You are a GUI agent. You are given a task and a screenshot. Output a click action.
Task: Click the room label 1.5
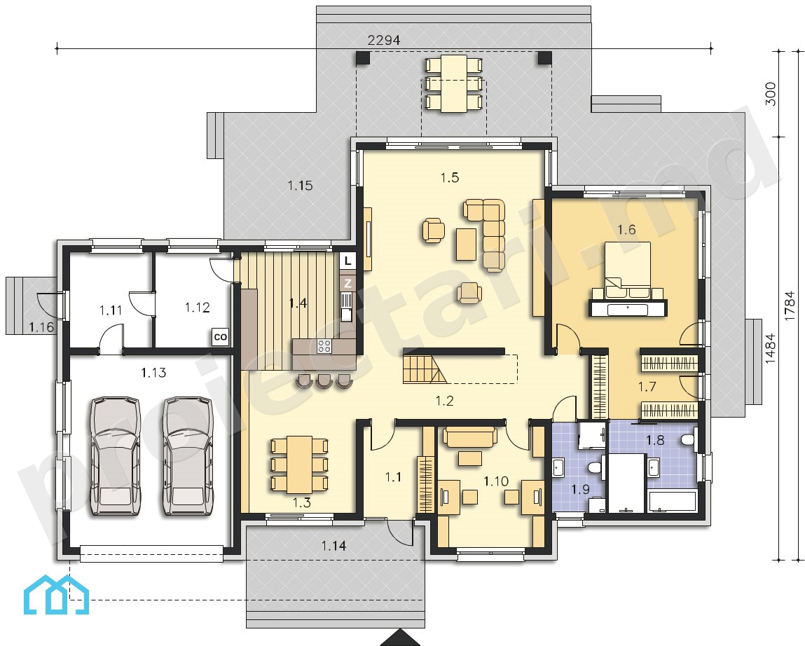point(450,178)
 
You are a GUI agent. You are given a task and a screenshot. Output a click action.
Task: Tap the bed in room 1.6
point(627,270)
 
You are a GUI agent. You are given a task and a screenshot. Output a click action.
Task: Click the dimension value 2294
point(384,40)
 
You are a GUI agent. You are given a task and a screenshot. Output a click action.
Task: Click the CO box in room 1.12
point(220,338)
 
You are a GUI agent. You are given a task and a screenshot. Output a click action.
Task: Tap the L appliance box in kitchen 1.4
point(348,261)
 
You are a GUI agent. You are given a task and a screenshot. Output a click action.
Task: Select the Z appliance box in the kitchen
point(348,283)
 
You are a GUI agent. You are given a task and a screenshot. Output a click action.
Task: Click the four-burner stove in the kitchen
point(324,346)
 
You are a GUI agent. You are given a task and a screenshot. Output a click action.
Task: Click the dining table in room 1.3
point(299,465)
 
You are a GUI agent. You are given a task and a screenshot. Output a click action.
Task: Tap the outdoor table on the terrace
point(454,83)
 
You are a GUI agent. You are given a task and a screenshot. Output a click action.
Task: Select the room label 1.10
point(496,481)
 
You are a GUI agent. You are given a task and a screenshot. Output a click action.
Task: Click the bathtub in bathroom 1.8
point(672,502)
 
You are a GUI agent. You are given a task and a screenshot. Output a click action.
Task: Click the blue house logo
point(57,595)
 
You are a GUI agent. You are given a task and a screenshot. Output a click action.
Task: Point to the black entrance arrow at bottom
point(401,638)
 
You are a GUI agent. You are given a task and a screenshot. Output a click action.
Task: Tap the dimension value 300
point(771,94)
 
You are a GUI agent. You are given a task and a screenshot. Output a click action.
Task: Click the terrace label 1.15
point(300,186)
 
